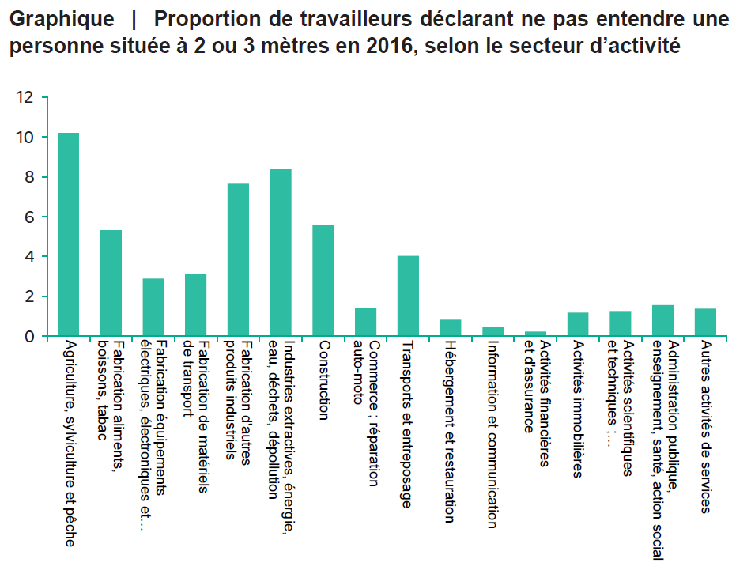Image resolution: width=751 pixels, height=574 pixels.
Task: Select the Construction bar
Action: (323, 281)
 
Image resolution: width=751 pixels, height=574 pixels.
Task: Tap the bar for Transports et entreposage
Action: (408, 296)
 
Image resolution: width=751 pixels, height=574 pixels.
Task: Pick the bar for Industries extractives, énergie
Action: (281, 253)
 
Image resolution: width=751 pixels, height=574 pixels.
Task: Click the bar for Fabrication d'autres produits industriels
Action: (238, 260)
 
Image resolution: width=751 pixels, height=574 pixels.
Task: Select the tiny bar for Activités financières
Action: (535, 334)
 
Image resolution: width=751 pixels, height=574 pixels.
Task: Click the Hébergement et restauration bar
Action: (451, 328)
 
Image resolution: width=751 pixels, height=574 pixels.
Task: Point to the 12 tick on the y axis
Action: (25, 98)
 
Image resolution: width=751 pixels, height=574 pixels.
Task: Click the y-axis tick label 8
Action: (29, 178)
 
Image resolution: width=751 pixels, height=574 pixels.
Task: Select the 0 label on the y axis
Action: (29, 337)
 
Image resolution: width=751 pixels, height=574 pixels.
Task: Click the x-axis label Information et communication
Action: (492, 434)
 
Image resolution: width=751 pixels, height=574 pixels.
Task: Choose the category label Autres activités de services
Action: (706, 427)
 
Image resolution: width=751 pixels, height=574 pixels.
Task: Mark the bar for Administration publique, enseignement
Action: (662, 321)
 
